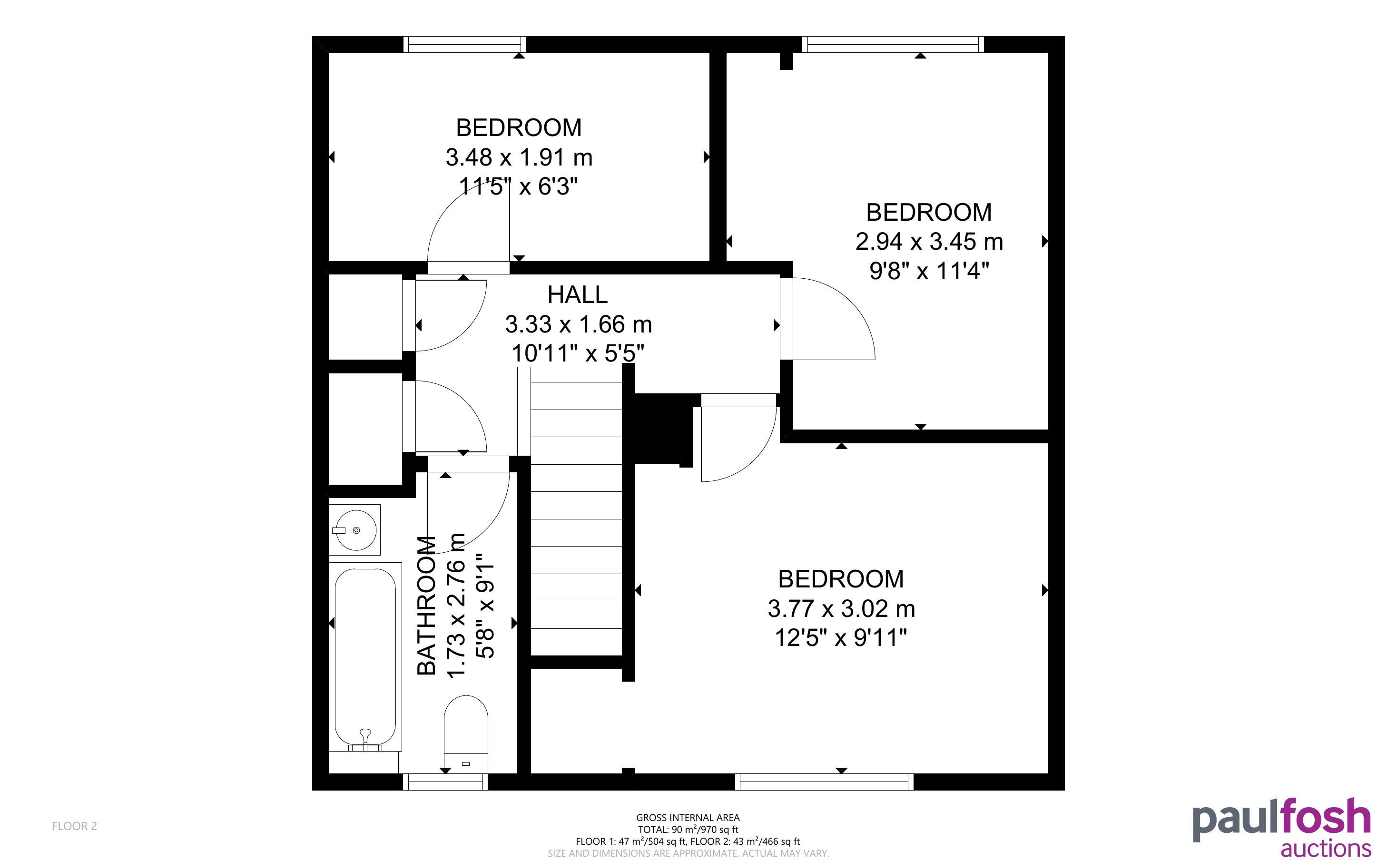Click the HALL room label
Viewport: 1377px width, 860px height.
577,294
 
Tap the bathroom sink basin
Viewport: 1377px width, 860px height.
354,529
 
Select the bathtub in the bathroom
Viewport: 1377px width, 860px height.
365,656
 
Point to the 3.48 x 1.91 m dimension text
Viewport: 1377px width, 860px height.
519,157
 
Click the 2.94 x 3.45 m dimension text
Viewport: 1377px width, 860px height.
929,242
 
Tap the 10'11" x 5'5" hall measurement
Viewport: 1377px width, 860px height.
577,353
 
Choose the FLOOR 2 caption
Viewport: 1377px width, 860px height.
75,826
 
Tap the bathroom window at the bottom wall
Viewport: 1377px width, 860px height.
445,782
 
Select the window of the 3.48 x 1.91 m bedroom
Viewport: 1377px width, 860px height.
464,44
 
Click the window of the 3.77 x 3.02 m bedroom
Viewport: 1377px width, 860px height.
824,782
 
